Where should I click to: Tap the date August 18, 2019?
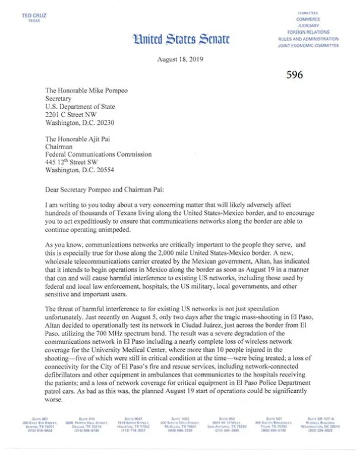[x=180, y=61]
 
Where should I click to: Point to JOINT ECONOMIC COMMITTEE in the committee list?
[x=308, y=45]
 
